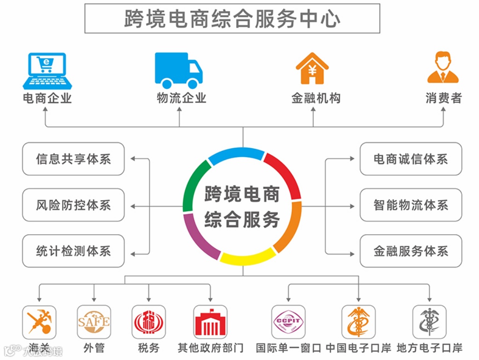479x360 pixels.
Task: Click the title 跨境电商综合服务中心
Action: click(x=232, y=18)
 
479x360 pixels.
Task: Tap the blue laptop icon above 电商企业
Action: click(x=47, y=71)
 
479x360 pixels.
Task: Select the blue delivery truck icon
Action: click(x=179, y=70)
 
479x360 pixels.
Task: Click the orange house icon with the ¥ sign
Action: click(x=312, y=69)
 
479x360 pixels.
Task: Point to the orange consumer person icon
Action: click(x=443, y=68)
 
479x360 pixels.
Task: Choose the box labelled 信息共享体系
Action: click(x=73, y=159)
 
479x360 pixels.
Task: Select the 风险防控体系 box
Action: click(x=73, y=205)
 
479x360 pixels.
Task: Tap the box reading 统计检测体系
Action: click(x=73, y=251)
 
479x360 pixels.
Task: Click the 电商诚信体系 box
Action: click(x=410, y=159)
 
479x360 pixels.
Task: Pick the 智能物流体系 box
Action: click(x=410, y=205)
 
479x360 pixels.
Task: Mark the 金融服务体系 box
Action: click(x=410, y=251)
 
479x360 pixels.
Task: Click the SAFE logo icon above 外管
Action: click(x=94, y=322)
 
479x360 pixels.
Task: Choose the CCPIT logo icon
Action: click(x=288, y=322)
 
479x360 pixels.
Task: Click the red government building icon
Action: click(x=210, y=322)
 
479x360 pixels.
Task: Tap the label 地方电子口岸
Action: click(x=429, y=348)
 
